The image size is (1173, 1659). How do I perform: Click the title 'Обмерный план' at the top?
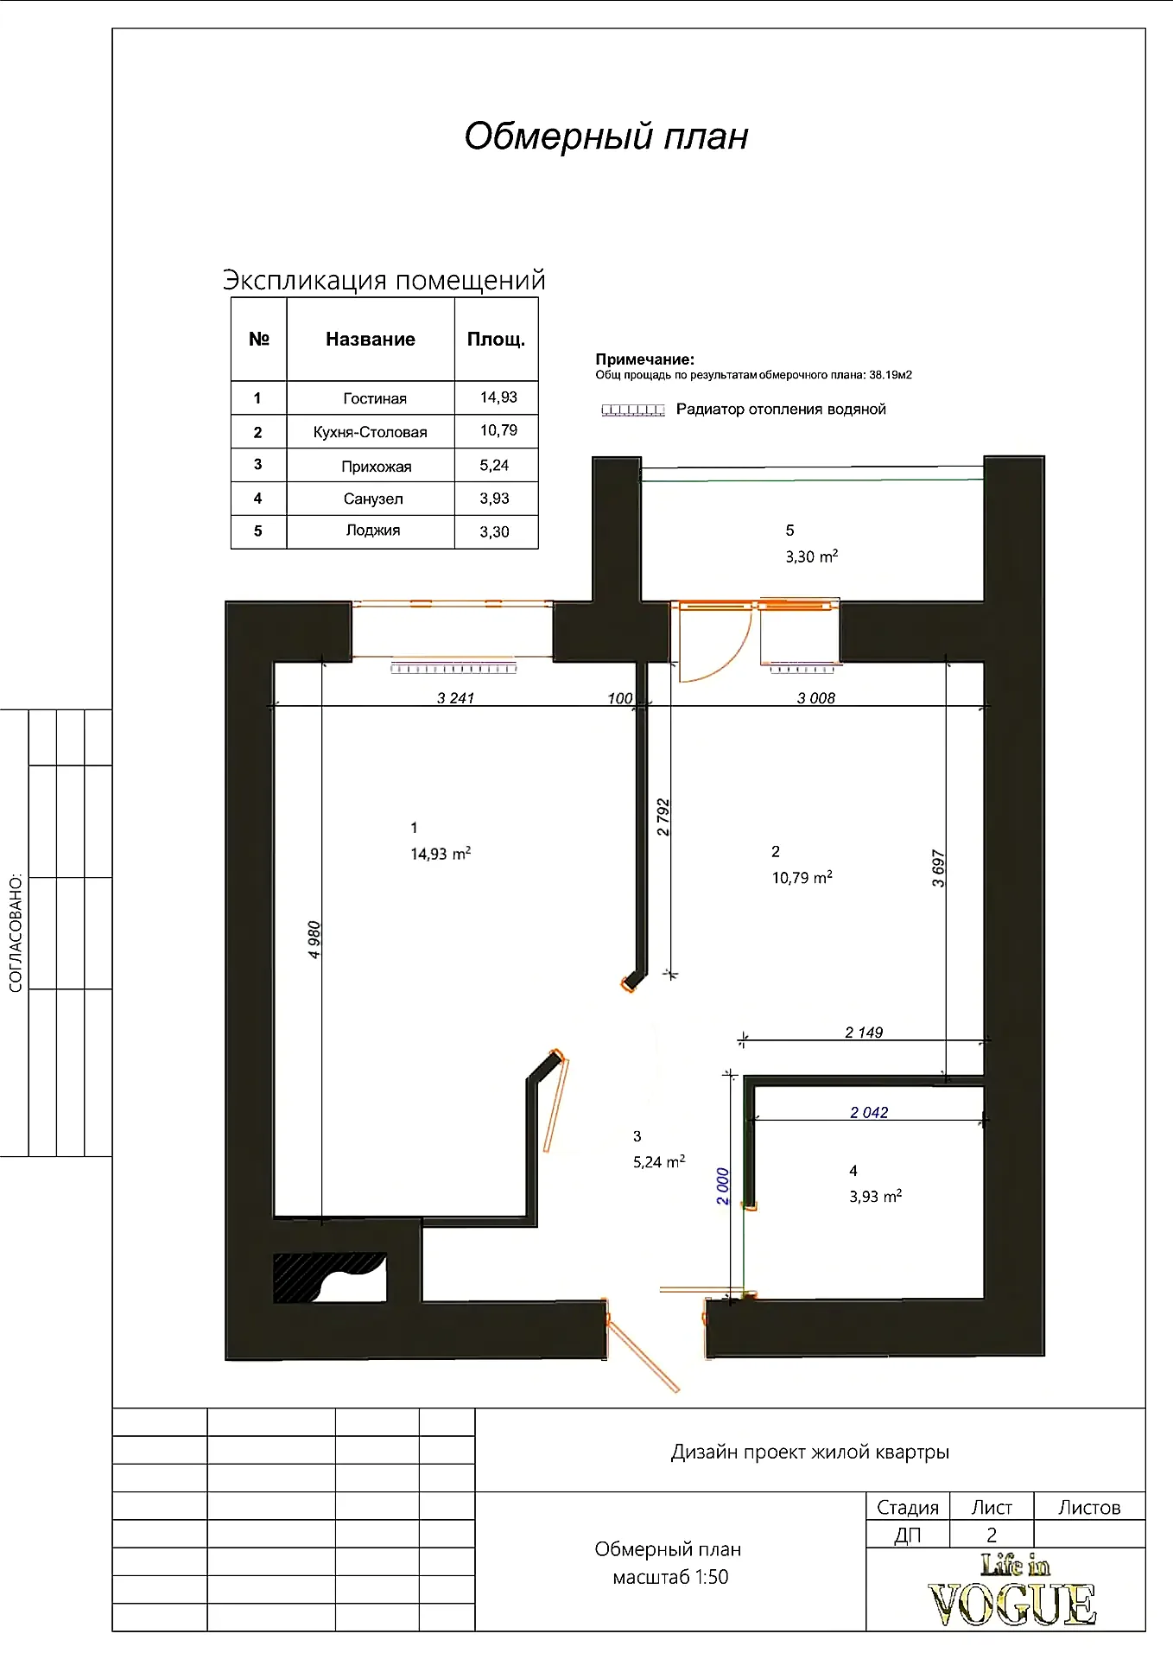606,137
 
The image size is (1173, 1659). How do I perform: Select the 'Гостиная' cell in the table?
375,398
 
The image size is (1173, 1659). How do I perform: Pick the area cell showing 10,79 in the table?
498,430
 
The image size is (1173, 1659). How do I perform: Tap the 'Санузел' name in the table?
373,499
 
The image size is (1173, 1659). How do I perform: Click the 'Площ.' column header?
496,340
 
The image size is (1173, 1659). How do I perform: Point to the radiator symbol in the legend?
633,410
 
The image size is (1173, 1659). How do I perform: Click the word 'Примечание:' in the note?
644,359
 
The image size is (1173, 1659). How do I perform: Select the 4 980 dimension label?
314,939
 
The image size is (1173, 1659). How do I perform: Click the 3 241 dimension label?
455,698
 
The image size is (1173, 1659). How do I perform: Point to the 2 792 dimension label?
663,817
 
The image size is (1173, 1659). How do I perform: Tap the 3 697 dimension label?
939,868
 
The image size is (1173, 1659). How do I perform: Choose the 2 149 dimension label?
864,1033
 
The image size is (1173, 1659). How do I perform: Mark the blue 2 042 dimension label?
869,1113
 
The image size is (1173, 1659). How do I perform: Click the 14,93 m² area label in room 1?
441,854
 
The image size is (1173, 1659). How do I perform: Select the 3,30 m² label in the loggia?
812,556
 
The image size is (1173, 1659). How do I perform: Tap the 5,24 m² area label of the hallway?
659,1162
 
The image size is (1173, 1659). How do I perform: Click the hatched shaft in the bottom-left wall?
329,1277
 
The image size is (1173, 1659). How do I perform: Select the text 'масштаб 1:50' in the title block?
670,1577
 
